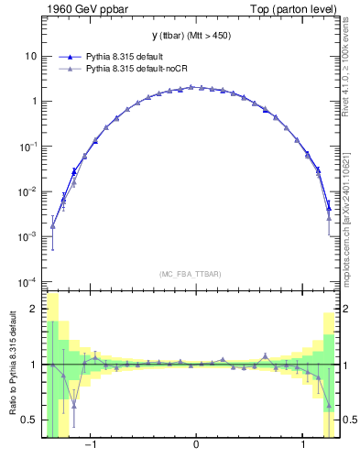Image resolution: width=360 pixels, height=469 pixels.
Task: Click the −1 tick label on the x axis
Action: click(x=90, y=446)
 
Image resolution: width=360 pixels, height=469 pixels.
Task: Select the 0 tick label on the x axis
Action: click(x=196, y=446)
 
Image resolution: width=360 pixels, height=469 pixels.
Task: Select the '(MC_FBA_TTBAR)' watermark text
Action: click(x=196, y=274)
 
